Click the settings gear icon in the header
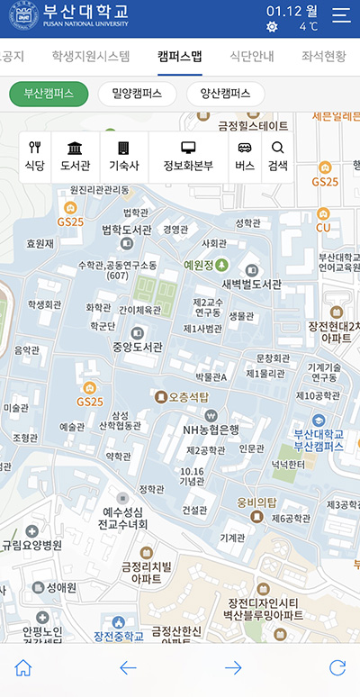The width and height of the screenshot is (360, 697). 273,27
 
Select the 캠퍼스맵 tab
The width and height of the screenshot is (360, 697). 179,56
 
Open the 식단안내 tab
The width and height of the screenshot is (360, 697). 252,56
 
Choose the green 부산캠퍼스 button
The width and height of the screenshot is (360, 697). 49,94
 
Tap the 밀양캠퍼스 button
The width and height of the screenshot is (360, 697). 137,94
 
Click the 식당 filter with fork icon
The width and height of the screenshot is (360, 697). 35,157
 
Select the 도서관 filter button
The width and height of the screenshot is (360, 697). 76,157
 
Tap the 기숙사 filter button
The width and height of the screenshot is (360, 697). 123,157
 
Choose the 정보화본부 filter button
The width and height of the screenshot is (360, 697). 188,157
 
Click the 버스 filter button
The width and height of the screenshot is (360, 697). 245,157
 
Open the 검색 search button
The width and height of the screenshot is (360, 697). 277,157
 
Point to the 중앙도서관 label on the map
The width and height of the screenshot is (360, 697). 137,346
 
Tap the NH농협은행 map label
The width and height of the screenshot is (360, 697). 211,429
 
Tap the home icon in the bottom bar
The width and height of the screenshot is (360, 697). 23,667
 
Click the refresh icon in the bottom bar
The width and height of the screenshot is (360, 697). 337,667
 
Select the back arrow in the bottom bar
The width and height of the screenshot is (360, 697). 128,667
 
